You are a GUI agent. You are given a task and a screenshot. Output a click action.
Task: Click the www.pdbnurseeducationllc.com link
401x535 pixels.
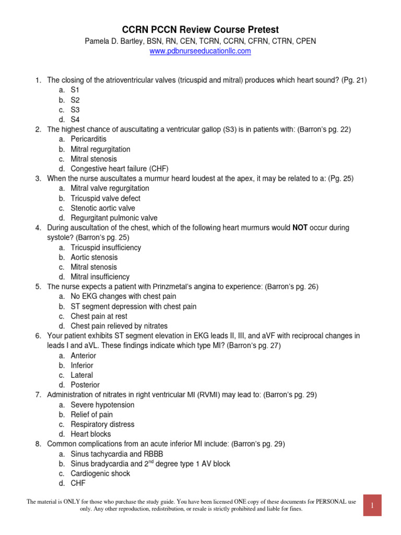click(200, 51)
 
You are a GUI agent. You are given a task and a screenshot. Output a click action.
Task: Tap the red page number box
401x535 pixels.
click(372, 505)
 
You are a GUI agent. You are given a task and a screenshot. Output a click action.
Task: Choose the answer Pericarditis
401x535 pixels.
click(89, 139)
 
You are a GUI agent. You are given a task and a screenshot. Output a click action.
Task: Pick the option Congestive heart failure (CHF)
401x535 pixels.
click(120, 168)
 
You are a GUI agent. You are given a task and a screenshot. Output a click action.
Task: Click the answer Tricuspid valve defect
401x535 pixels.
click(105, 198)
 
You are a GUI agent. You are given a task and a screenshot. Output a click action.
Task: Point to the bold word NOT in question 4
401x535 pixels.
click(300, 228)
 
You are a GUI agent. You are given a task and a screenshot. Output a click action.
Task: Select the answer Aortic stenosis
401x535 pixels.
click(95, 257)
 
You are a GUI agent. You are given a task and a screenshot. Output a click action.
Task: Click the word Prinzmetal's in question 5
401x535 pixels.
click(175, 286)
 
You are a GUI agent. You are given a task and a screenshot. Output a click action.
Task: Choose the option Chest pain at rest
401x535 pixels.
click(99, 316)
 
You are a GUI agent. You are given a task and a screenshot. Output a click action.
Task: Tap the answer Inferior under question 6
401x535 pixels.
click(82, 365)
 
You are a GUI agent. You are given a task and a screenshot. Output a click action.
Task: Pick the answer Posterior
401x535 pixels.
click(85, 385)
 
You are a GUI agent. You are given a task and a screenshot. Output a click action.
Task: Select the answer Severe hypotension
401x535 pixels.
click(103, 404)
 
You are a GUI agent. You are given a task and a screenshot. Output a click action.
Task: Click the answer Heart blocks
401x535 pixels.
click(91, 434)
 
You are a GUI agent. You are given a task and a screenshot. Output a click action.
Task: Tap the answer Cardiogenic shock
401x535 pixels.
click(101, 473)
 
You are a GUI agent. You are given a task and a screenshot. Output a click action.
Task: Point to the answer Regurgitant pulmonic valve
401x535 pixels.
click(114, 218)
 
